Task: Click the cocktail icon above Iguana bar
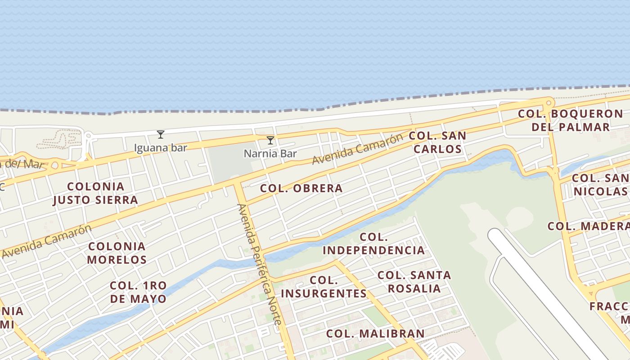[161, 134]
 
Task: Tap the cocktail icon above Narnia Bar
[270, 140]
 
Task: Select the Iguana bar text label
[161, 148]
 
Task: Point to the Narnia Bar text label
[270, 154]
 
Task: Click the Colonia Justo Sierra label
[95, 193]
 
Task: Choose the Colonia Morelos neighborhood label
[117, 253]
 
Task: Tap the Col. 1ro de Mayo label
[138, 292]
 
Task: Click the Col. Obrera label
[301, 188]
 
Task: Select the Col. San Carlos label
[437, 142]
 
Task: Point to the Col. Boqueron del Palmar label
[571, 120]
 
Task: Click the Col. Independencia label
[374, 243]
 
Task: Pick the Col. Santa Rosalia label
[414, 282]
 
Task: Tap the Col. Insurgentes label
[324, 287]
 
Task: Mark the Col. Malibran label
[375, 333]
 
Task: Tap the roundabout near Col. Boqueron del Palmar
[548, 103]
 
